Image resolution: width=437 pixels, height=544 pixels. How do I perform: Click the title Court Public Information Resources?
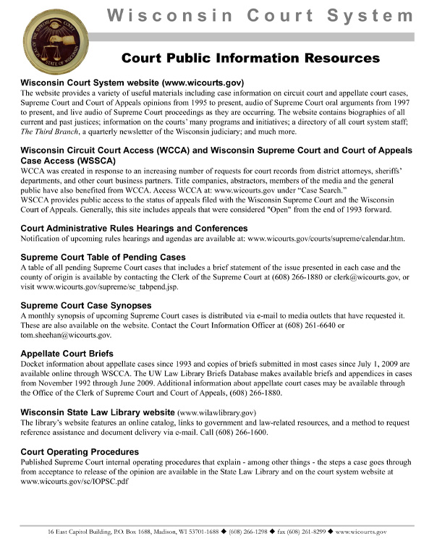pos(250,58)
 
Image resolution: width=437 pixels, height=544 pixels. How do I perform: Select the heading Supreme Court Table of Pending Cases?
pos(103,257)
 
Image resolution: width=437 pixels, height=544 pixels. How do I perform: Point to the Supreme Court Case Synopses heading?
pos(91,305)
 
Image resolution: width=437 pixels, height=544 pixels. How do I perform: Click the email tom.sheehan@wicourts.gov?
pos(66,336)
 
